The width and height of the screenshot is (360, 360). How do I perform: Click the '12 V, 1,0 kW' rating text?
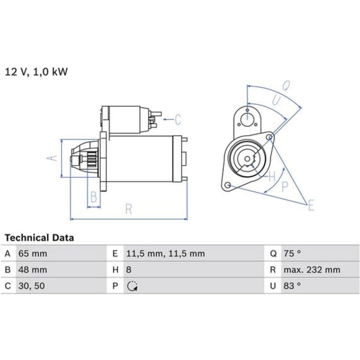tap(37, 72)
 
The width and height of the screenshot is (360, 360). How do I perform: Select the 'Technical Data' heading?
tap(39, 238)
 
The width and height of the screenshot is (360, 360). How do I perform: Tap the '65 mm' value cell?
tap(33, 254)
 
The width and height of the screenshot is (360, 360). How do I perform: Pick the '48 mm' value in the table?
tap(33, 269)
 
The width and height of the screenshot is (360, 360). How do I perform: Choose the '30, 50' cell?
tap(31, 286)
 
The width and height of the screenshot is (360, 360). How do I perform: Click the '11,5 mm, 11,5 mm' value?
tap(166, 254)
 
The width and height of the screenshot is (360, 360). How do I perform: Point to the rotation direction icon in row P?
tap(132, 286)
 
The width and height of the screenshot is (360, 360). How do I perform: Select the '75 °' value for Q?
tap(292, 254)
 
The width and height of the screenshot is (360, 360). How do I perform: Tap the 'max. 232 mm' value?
tap(312, 269)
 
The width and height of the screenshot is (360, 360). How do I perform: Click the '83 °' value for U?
tap(292, 286)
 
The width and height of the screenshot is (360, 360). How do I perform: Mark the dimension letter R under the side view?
tap(129, 209)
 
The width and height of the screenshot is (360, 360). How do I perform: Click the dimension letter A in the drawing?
tap(52, 158)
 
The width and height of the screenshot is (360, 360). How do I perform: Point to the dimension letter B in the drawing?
tap(94, 197)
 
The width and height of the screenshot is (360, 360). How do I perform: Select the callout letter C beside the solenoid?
tap(178, 120)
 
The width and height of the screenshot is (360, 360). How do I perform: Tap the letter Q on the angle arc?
tap(286, 86)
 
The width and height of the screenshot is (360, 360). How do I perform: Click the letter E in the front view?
tap(311, 205)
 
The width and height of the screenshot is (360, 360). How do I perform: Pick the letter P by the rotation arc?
tap(285, 187)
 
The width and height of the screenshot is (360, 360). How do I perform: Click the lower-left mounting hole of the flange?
tap(228, 185)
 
